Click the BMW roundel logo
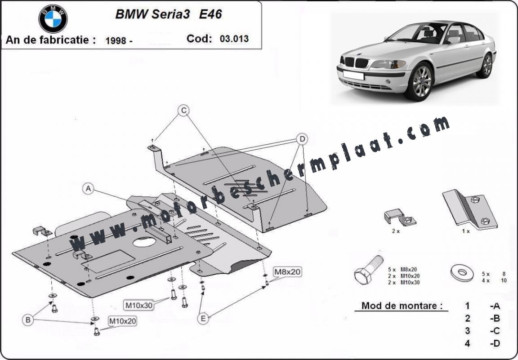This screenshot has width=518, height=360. pos(53,19)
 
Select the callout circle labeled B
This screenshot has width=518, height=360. pos(28,320)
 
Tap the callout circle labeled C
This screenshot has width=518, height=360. pos(183,110)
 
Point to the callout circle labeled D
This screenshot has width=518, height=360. pos(303,139)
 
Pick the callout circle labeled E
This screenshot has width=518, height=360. pos(204,319)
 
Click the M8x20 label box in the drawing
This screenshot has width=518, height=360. pos(287,271)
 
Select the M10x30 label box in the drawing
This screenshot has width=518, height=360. pos(139,305)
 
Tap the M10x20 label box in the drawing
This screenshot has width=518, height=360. pos(122,321)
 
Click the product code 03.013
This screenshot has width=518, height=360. pos(234,39)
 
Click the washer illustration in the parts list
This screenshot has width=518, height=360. pos(462,272)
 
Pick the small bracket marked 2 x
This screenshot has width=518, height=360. pos(399,218)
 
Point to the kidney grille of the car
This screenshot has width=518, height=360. pos(355,62)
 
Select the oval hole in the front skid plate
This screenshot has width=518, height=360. pos(144,243)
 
